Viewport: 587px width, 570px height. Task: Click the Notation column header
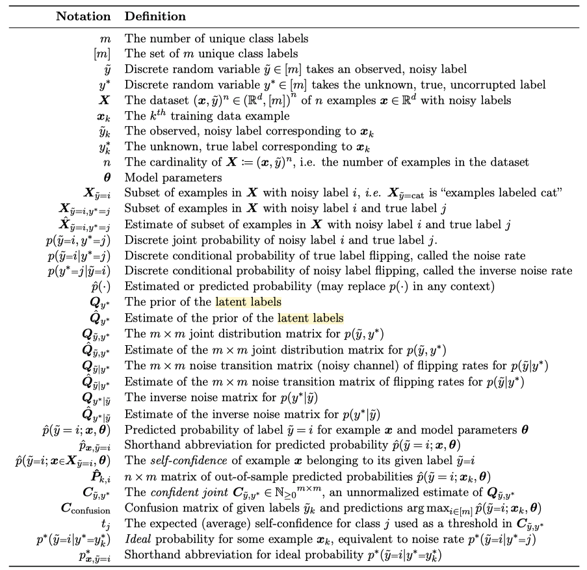click(x=88, y=16)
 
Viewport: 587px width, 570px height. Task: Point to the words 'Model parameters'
click(x=166, y=177)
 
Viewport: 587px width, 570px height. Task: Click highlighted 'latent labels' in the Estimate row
click(x=311, y=318)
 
